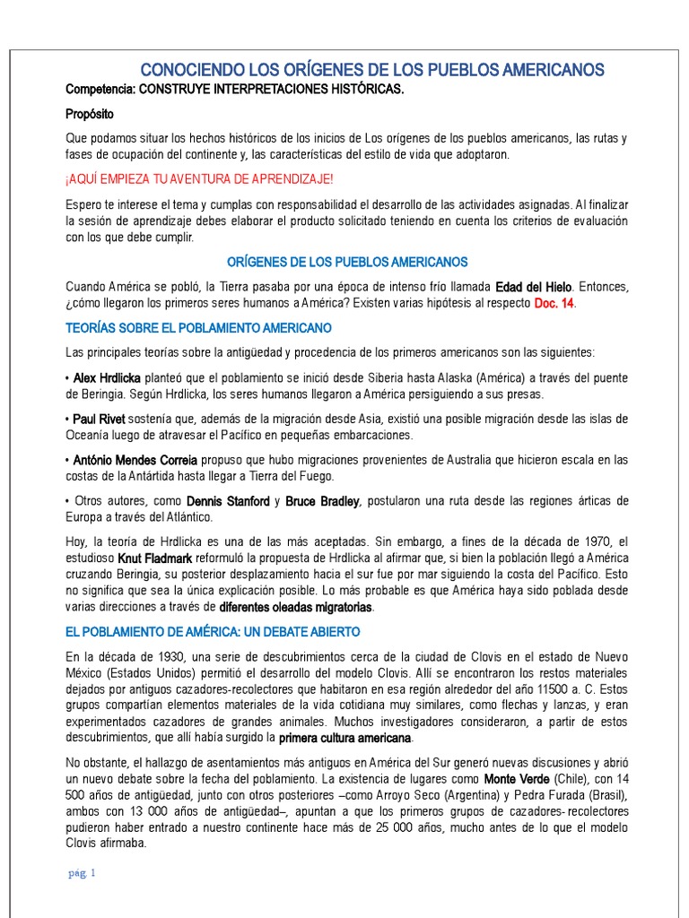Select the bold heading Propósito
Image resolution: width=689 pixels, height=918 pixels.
click(x=90, y=114)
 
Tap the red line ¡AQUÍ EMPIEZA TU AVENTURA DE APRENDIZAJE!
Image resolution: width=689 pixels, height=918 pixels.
click(x=199, y=179)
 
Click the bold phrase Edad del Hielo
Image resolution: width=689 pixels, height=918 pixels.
click(x=536, y=287)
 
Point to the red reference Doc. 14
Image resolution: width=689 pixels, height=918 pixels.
click(x=554, y=305)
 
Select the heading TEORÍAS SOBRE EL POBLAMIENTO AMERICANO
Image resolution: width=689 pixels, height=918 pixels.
click(x=198, y=328)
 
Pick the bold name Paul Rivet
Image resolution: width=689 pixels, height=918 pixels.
click(x=99, y=420)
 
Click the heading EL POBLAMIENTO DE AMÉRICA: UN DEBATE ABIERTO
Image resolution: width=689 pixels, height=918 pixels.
click(x=213, y=632)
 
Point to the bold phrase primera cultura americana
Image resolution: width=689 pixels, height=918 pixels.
click(x=345, y=738)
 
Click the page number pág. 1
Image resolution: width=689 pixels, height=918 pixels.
click(x=82, y=872)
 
